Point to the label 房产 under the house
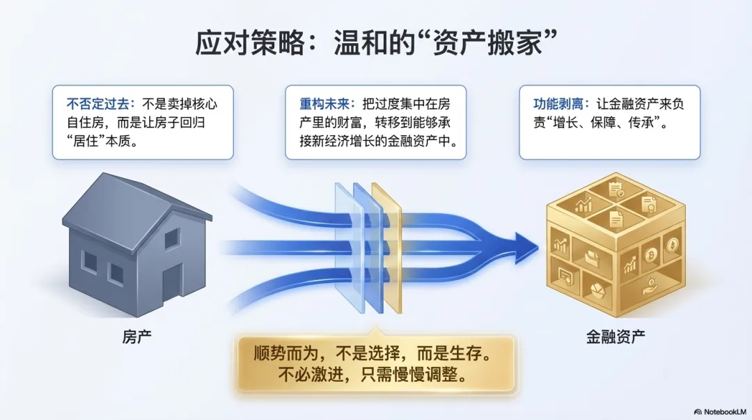pyautogui.click(x=136, y=337)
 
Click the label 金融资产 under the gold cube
pyautogui.click(x=615, y=337)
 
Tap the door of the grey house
pyautogui.click(x=171, y=279)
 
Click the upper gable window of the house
pyautogui.click(x=171, y=238)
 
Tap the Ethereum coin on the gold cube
pyautogui.click(x=673, y=245)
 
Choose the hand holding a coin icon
pyautogui.click(x=650, y=286)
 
